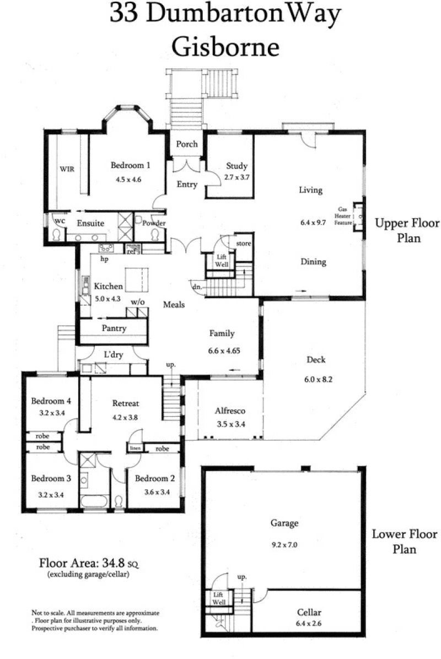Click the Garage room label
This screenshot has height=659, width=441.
pos(284,523)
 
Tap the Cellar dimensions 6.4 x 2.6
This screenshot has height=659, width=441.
pos(309,623)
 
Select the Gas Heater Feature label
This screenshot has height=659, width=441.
pos(343,216)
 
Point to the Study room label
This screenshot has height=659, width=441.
pos(236,166)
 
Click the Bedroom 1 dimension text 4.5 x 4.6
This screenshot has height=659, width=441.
pos(128,180)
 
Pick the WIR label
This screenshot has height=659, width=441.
pos(67,169)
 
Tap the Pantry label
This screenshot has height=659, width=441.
pos(114,328)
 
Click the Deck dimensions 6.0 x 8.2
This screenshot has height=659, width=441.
pos(318,379)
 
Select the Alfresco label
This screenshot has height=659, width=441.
pos(230,410)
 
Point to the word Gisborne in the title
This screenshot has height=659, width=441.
pos(225,46)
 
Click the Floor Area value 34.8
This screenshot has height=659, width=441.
pos(112,563)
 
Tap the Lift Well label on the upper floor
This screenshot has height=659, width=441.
pos(222,261)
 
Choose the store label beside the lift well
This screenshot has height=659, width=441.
pos(244,244)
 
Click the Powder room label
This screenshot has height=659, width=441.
pos(154,223)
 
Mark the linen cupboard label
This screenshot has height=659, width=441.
pos(136,448)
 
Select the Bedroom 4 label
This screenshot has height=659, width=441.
pos(51,401)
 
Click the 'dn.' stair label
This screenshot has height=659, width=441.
pos(197,287)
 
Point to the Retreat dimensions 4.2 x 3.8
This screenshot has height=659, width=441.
pos(125,417)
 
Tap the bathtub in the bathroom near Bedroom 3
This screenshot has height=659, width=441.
pos(95,501)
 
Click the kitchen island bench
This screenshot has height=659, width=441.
pos(137,279)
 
